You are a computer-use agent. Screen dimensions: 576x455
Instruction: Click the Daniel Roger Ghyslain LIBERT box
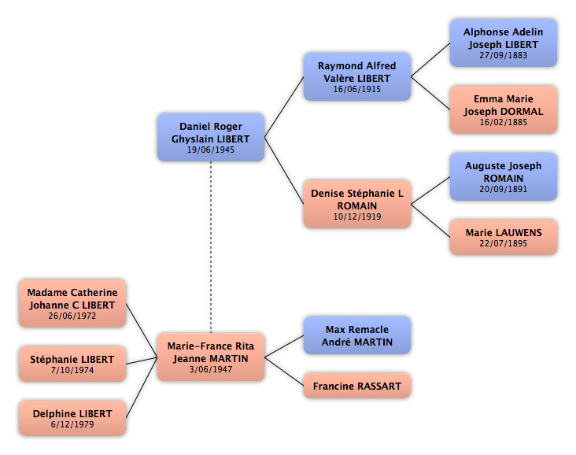[211, 137]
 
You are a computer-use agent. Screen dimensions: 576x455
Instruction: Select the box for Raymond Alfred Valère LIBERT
[357, 76]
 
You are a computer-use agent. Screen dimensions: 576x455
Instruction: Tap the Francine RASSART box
[357, 386]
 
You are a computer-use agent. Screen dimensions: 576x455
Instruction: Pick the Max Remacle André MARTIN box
[357, 335]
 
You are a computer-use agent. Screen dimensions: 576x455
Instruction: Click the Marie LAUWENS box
[504, 238]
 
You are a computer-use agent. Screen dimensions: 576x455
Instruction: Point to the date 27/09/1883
[504, 55]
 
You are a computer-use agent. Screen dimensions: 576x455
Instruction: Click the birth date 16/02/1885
[504, 122]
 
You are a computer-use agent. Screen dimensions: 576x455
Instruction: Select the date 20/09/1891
[504, 189]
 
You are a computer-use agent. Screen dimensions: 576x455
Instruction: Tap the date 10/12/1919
[357, 216]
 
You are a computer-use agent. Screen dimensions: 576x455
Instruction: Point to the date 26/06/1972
[72, 316]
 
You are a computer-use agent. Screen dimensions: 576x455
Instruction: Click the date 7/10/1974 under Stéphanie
[72, 370]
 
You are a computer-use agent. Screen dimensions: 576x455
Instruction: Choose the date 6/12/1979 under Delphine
[72, 424]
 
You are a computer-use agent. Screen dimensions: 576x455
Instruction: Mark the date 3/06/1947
[211, 369]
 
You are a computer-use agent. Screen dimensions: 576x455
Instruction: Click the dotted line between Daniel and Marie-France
[211, 247]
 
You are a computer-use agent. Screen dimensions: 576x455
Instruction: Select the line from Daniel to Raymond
[284, 107]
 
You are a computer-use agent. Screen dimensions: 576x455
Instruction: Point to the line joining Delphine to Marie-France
[142, 387]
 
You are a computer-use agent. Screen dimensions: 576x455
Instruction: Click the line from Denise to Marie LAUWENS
[430, 220]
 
